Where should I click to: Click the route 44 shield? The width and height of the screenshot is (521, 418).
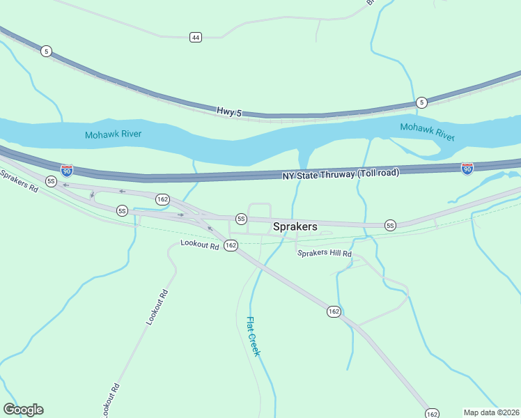click(x=196, y=37)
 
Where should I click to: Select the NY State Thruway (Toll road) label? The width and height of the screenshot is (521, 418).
click(x=341, y=173)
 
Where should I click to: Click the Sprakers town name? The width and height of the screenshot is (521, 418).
click(x=295, y=226)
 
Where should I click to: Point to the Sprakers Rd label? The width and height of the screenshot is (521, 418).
click(x=19, y=185)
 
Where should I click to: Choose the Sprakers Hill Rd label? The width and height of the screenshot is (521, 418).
click(x=325, y=254)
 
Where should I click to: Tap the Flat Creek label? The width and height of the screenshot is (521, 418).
click(x=253, y=336)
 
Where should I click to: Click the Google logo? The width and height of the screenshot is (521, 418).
click(x=23, y=410)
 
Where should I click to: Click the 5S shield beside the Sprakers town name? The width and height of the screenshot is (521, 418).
click(x=241, y=219)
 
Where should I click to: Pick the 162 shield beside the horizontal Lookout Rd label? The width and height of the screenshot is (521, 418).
click(x=231, y=245)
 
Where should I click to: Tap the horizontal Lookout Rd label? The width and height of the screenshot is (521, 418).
click(x=199, y=244)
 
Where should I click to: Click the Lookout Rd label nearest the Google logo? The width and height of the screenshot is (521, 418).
click(x=111, y=400)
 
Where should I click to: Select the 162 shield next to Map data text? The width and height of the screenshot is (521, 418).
click(x=432, y=414)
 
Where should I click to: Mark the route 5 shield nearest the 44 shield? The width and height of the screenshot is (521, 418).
click(x=46, y=51)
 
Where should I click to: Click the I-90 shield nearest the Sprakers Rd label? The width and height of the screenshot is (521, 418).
click(x=67, y=171)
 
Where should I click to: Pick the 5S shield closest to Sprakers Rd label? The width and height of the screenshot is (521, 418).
click(x=51, y=181)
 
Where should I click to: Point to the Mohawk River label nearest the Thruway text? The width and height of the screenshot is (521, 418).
click(x=427, y=128)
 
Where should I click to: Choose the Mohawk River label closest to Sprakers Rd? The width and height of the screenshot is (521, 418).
click(x=111, y=135)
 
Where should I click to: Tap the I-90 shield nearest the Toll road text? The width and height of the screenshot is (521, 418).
click(x=467, y=169)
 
